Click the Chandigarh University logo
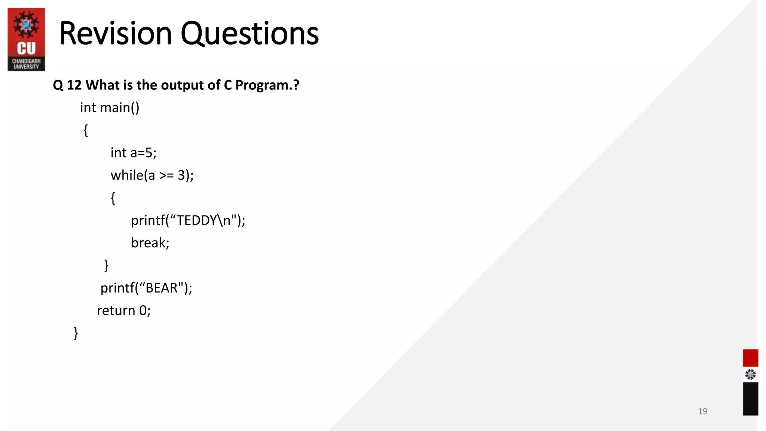26,39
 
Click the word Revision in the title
115,34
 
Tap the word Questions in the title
249,34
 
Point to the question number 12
74,85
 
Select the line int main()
110,108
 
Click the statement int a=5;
133,153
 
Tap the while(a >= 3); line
152,175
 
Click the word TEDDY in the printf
197,220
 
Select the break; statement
150,243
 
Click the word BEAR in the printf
161,288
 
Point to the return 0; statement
124,311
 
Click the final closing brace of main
76,333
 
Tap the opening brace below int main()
86,130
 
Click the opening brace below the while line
113,198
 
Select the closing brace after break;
106,265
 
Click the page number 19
702,411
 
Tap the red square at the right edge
750,358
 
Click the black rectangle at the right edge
750,398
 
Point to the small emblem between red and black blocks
750,375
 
